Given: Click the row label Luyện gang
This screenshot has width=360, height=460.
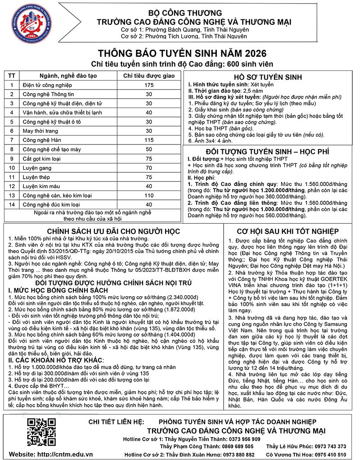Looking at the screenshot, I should click(36, 167).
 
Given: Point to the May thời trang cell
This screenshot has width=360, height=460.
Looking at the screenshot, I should click(40, 131).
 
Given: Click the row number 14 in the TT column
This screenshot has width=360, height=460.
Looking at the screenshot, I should click(12, 204).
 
